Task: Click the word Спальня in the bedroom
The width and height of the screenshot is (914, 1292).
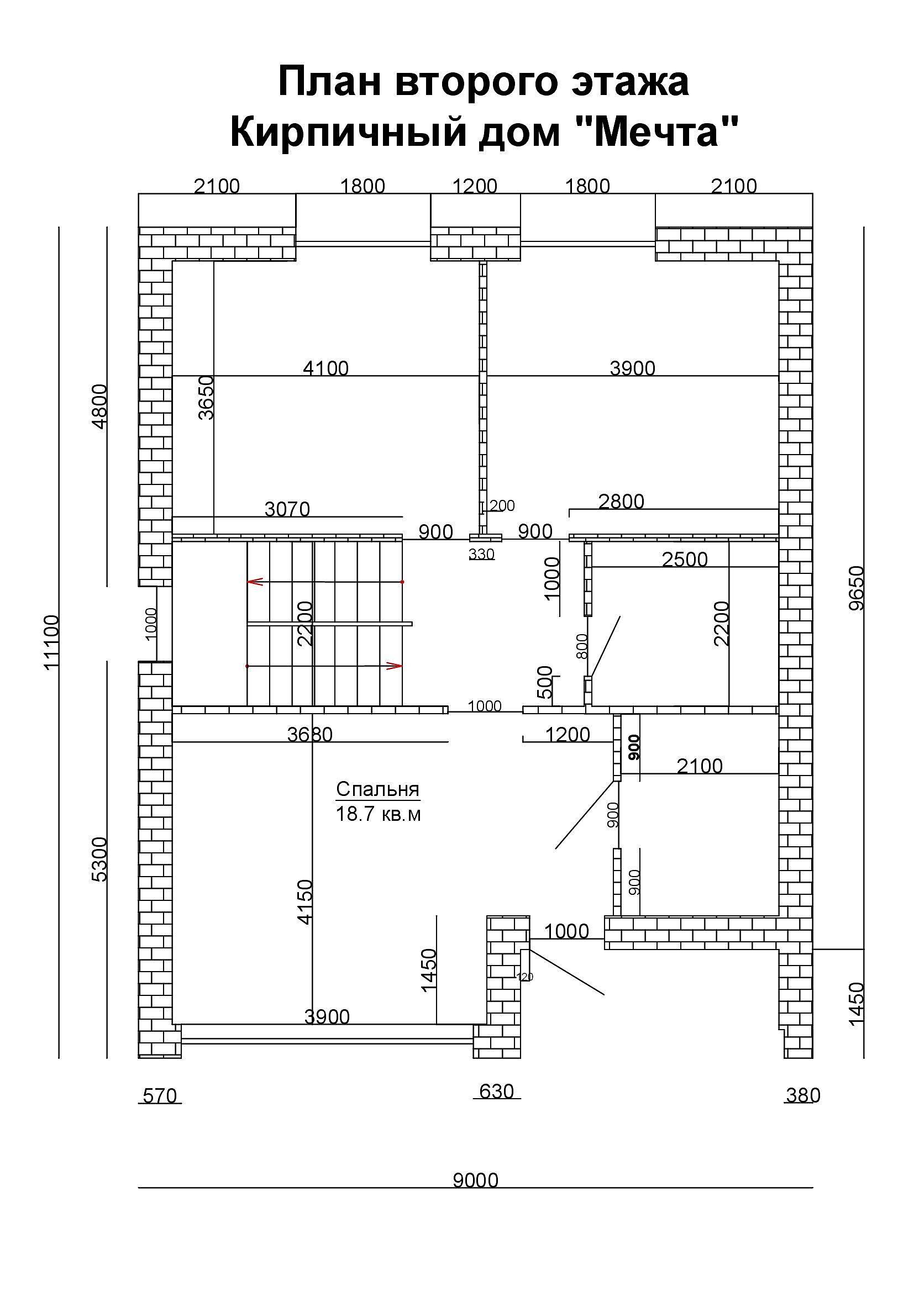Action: coord(377,789)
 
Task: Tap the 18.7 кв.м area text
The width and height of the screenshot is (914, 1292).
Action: coord(378,814)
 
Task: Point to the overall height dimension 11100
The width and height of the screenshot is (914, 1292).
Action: coord(51,642)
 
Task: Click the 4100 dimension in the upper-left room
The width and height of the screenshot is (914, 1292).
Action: coord(326,368)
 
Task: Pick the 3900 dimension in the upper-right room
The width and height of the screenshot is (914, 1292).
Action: coord(633,368)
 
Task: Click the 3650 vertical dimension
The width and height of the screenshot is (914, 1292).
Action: coord(207,397)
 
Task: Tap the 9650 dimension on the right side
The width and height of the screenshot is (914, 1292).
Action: coord(857,588)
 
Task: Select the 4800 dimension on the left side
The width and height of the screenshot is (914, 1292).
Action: coord(99,407)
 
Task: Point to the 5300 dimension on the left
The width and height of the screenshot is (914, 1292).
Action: coord(99,859)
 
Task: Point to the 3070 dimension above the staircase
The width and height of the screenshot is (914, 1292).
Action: coord(287,509)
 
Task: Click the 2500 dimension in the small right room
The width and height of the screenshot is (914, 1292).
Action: coord(684,560)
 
